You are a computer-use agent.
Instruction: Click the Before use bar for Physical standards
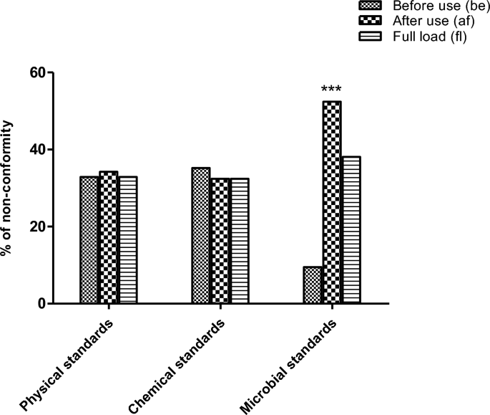tap(89, 240)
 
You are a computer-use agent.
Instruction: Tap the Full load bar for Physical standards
tap(127, 240)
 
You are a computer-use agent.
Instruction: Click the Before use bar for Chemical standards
tap(201, 236)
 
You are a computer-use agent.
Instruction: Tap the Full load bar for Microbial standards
tap(351, 230)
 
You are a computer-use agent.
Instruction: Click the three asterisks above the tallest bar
tap(331, 90)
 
